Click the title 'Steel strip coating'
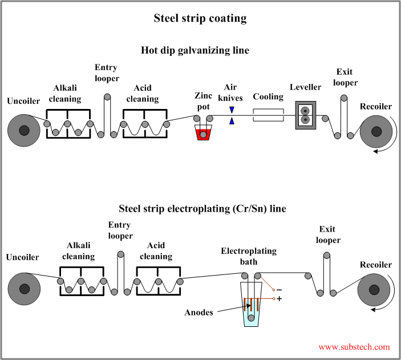point(200,18)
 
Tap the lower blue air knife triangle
point(232,121)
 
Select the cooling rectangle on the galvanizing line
point(268,116)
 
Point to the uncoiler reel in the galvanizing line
point(23,131)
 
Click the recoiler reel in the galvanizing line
point(375,131)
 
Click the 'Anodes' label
point(200,312)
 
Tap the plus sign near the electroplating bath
point(279,298)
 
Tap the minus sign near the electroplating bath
point(279,289)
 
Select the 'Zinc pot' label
point(204,102)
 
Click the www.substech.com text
point(354,346)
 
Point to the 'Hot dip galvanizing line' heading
point(195,50)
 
